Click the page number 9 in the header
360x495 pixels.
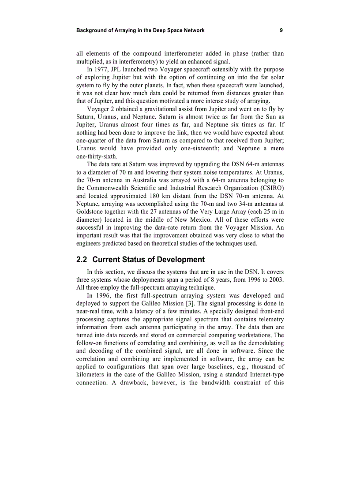pyautogui.click(x=281, y=30)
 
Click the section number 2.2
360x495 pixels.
pyautogui.click(x=82, y=260)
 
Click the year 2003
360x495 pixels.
pyautogui.click(x=275, y=280)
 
